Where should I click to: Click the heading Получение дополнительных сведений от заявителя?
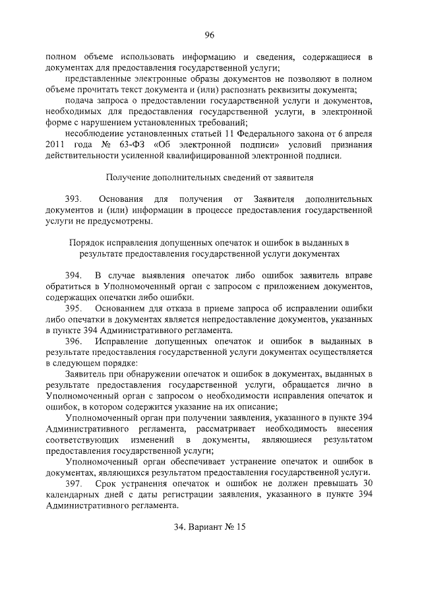pos(210,177)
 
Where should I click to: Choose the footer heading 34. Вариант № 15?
pos(210,527)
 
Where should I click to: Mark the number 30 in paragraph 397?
pos(368,484)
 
